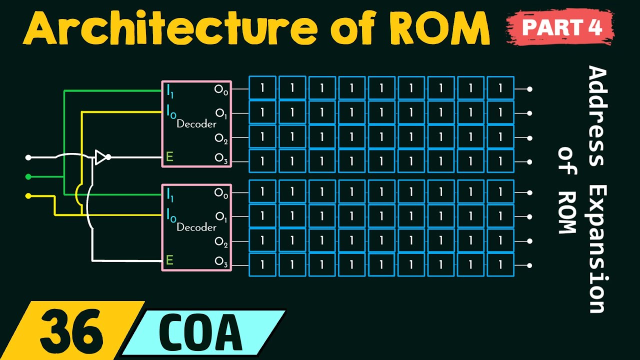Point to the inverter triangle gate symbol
101,157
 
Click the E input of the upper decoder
169,157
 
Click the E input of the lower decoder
169,260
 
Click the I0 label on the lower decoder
170,215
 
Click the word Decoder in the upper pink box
196,124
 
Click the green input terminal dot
28,176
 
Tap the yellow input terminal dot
28,195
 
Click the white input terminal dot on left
28,157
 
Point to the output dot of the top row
529,89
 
